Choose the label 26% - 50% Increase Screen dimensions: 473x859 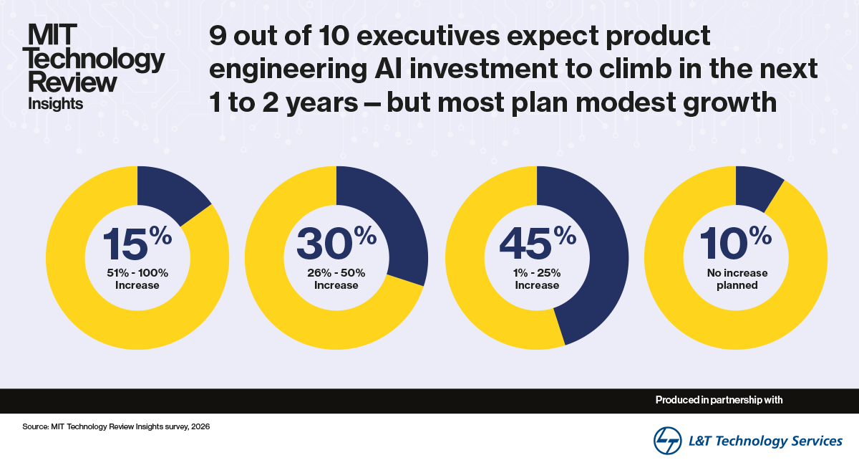336,279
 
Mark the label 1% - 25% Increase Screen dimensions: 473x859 537,279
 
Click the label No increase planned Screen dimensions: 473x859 737,279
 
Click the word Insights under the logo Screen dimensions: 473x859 55,103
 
